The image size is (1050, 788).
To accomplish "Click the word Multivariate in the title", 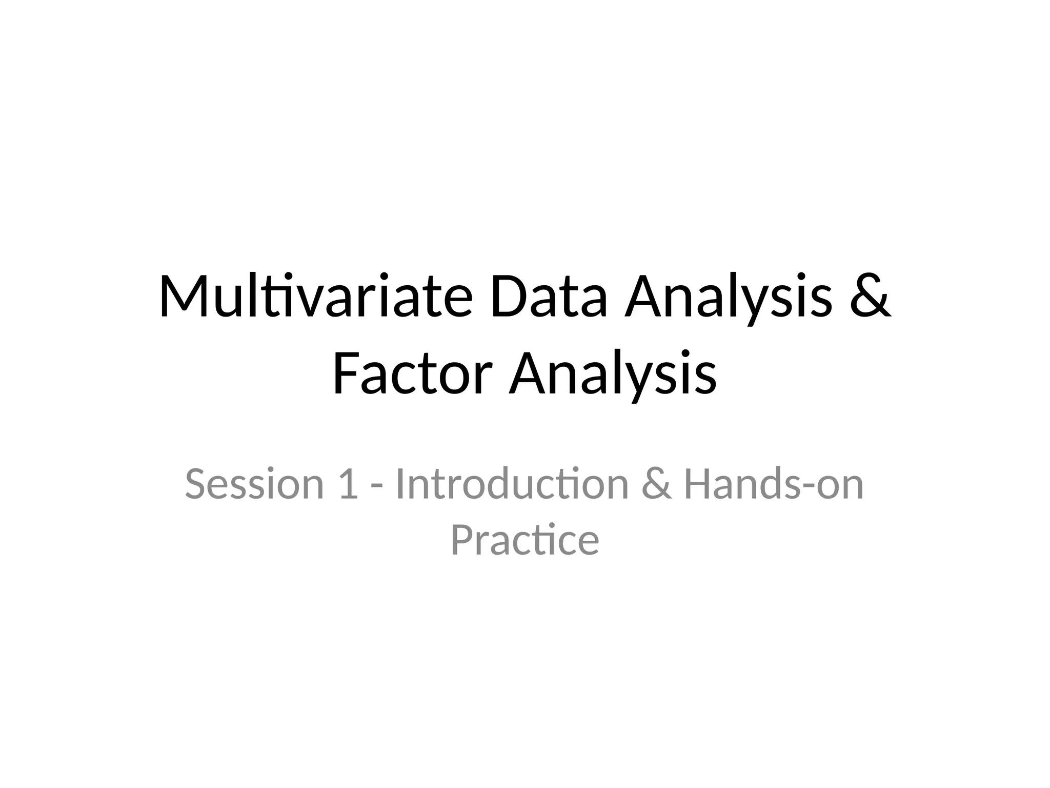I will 315,298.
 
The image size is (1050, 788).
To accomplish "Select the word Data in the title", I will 549,298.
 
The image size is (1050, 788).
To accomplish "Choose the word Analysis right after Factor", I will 613,376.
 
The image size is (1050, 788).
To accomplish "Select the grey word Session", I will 254,484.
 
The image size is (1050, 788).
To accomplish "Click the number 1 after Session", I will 348,484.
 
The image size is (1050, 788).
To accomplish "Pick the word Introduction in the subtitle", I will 512,484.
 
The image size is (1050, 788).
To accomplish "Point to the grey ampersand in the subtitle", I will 656,484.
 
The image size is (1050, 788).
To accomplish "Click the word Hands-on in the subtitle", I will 774,484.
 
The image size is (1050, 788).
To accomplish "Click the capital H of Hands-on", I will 698,484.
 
